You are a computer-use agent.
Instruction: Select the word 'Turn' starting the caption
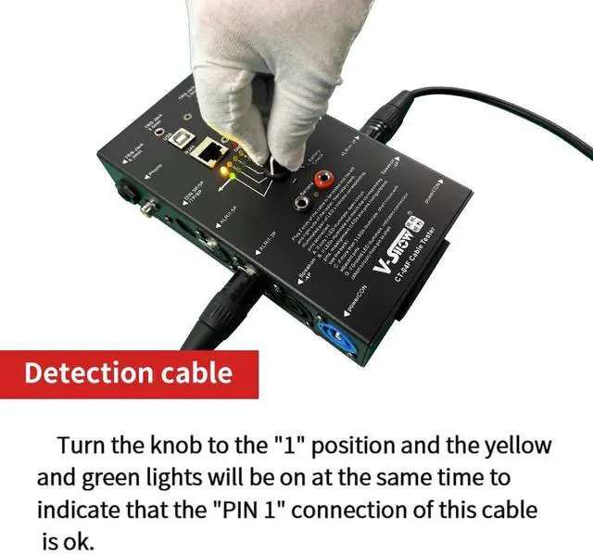click(82, 446)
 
